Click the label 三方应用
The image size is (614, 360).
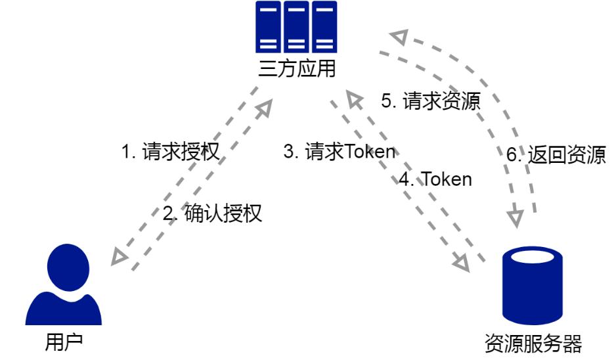point(296,68)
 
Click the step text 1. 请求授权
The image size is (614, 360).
point(169,152)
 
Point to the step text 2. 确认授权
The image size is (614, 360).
point(212,214)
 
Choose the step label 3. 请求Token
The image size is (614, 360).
point(340,152)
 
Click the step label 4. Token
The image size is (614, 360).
point(436,179)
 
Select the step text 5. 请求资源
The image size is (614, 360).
point(431,101)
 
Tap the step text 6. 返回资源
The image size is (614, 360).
point(556,156)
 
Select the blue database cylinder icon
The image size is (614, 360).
point(533,284)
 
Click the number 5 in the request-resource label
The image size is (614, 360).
point(387,101)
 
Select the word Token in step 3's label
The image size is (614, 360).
point(370,152)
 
